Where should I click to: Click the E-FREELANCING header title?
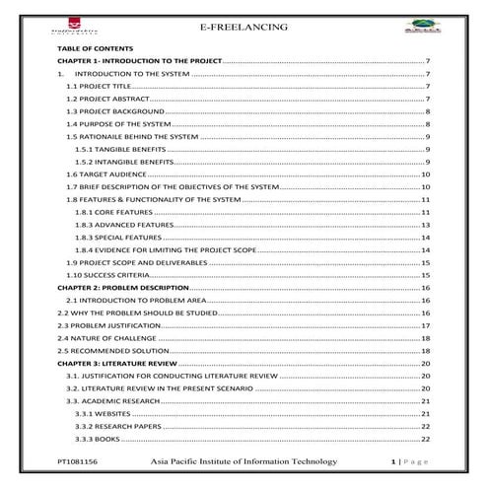click(244, 27)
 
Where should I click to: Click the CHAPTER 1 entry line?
click(140, 61)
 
